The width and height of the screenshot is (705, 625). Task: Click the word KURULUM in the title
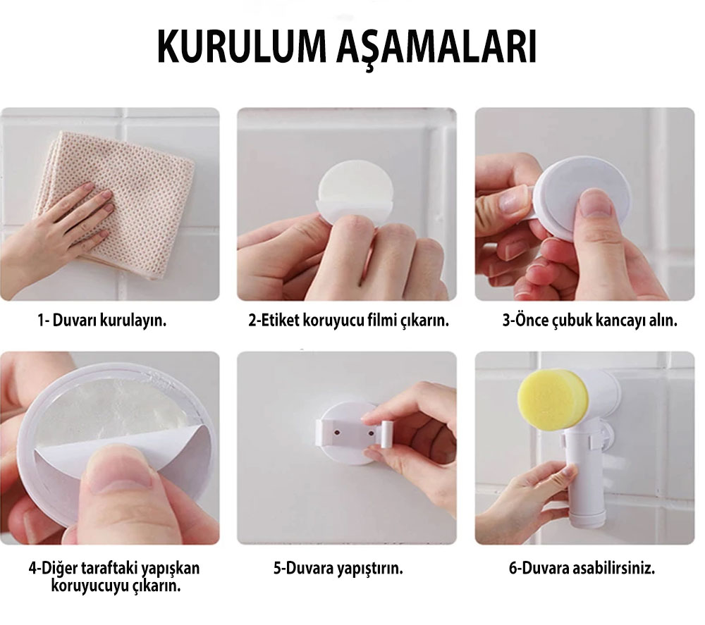[241, 47]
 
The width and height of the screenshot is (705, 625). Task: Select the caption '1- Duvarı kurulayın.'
[102, 321]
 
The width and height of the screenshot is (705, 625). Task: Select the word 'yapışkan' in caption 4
[171, 569]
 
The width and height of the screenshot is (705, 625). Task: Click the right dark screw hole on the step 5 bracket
[371, 433]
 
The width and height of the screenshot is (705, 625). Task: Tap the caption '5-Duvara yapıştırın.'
[338, 569]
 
